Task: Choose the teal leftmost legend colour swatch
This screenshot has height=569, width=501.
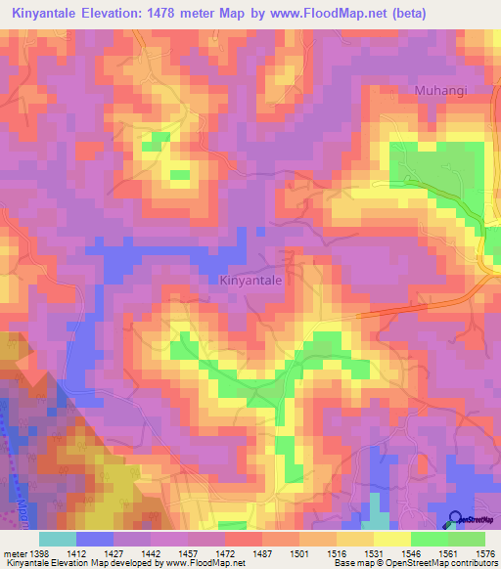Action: (x=57, y=538)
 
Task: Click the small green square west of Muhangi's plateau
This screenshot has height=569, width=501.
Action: (x=179, y=175)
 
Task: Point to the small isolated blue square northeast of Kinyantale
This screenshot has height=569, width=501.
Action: (x=260, y=232)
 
